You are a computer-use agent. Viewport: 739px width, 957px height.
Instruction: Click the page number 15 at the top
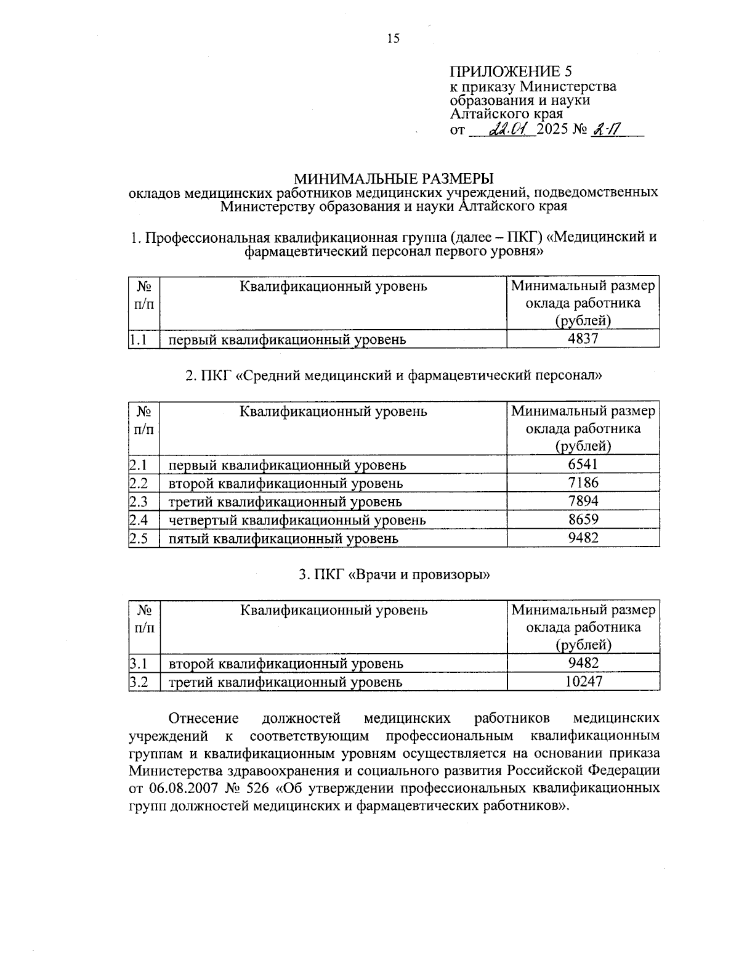coord(393,39)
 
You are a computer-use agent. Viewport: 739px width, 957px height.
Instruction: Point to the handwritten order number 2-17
coord(606,129)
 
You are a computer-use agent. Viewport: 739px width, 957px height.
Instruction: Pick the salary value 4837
coord(583,339)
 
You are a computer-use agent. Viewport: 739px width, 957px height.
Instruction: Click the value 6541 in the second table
coord(583,465)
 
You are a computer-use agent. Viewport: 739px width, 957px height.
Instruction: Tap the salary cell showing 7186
coord(583,483)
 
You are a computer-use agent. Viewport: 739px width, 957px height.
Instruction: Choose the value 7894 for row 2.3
coord(583,501)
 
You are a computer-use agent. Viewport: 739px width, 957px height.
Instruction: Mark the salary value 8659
coord(583,519)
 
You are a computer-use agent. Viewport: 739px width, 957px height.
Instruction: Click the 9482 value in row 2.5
coord(583,538)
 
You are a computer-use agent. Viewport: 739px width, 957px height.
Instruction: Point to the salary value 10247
coord(583,682)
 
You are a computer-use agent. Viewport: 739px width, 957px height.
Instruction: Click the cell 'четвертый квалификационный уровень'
coord(297,520)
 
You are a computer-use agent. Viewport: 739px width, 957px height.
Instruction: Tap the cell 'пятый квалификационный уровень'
coord(283,539)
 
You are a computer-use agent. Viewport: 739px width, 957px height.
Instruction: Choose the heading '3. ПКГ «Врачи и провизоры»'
coord(394,575)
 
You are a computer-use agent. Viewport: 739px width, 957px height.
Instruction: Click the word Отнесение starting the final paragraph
coord(204,719)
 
